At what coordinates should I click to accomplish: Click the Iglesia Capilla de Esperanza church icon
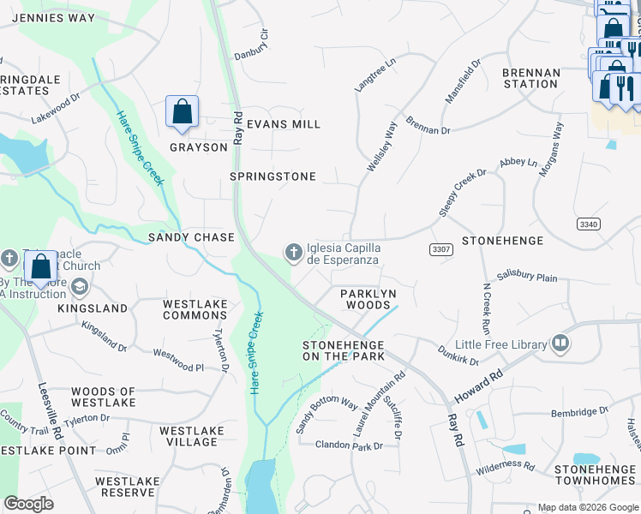(293, 251)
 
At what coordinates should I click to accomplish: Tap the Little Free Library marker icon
(560, 344)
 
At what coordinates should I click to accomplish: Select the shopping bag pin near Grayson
(182, 112)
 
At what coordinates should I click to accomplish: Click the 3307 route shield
(440, 248)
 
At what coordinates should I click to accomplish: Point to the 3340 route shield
(588, 224)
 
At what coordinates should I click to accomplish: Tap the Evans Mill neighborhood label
(283, 124)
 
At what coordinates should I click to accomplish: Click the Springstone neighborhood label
(273, 176)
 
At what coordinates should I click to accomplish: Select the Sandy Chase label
(191, 236)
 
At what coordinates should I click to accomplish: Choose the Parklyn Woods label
(368, 299)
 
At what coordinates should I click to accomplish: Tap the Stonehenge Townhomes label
(594, 475)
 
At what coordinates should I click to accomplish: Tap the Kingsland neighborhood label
(93, 308)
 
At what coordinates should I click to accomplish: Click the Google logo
(28, 504)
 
